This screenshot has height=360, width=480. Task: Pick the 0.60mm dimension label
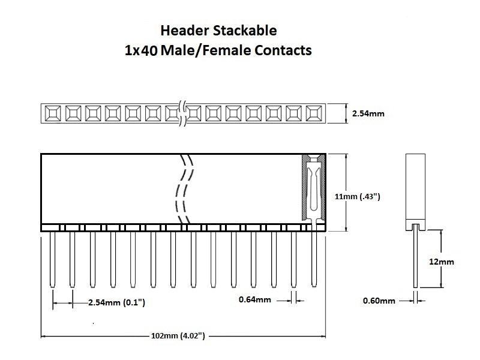pos(379,301)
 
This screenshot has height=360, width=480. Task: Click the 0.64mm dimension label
pos(255,299)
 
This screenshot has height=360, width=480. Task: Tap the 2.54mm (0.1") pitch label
pos(116,302)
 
